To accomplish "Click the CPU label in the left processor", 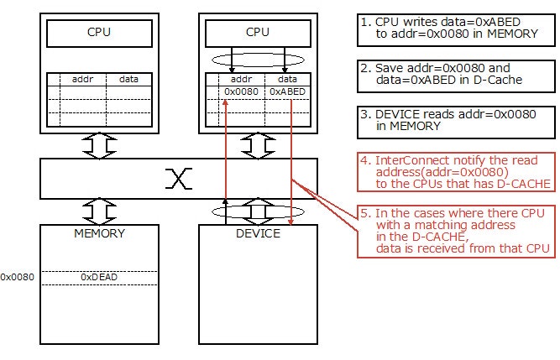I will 99,33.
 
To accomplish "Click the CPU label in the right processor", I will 258,33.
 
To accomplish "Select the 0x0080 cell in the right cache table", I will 241,91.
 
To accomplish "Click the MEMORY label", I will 99,233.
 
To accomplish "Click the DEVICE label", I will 258,233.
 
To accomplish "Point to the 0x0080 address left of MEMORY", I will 17,276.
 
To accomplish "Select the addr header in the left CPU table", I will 82,78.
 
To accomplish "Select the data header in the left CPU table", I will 129,78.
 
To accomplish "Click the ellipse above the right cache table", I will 258,60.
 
